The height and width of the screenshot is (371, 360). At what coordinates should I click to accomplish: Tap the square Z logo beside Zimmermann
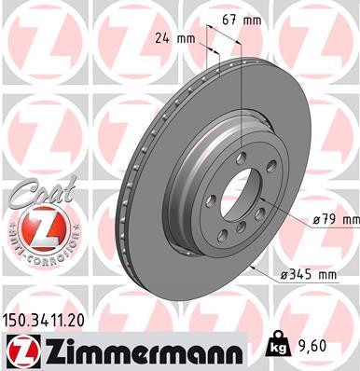pyautogui.click(x=20, y=349)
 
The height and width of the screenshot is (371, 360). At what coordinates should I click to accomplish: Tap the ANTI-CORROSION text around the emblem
pyautogui.click(x=36, y=246)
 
